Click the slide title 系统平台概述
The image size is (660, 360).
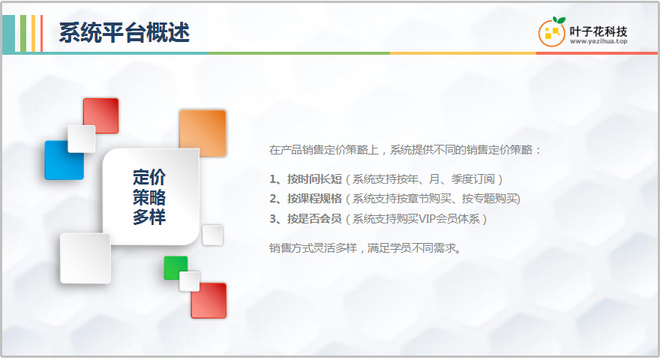(x=124, y=32)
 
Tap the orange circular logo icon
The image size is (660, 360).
(x=551, y=33)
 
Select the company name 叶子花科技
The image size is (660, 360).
(x=598, y=31)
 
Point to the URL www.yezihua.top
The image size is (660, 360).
(x=598, y=41)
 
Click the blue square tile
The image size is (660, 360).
(x=64, y=160)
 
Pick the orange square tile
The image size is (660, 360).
(x=202, y=133)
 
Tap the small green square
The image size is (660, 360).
(x=175, y=268)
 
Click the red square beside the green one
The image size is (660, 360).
(x=208, y=301)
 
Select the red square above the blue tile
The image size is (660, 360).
(x=100, y=115)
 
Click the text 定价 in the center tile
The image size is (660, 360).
(x=149, y=177)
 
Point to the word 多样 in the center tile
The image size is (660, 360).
(x=149, y=217)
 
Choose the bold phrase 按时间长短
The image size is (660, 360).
(x=314, y=179)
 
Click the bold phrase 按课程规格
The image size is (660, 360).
(x=314, y=199)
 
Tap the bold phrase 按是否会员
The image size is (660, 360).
(x=314, y=219)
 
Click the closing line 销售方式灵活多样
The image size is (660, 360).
(x=313, y=248)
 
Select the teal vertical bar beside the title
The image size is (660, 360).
(x=8, y=34)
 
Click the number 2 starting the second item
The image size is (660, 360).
(x=272, y=199)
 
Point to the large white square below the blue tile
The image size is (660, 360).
(x=85, y=259)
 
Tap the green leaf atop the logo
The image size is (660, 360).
(x=559, y=20)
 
